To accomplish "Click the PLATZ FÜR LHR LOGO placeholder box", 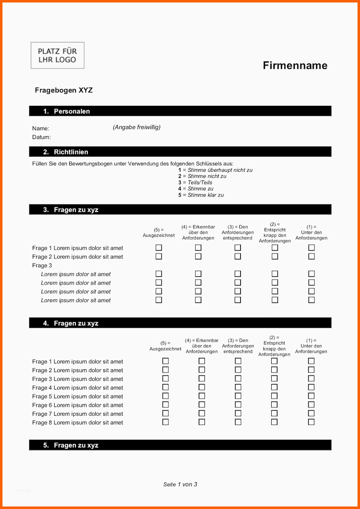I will pos(57,55).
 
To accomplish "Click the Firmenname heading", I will pos(295,66).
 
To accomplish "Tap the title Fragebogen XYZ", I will pos(63,90).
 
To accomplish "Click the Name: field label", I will pos(41,129).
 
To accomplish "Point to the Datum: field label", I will pos(41,137).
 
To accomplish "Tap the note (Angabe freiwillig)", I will pos(136,127).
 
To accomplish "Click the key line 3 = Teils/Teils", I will pos(195,183).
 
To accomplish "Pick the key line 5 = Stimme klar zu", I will pos(201,195).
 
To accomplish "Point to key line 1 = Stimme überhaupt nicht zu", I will pos(215,170).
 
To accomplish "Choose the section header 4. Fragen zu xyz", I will pos(71,323).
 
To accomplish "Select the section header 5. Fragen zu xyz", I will pos(71,445).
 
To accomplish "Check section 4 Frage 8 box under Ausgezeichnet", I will pos(165,422).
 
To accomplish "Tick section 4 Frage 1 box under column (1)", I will pos(311,361).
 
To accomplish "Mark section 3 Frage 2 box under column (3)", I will pos(238,256).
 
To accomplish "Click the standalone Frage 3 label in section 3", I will pos(42,265).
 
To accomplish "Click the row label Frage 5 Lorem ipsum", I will pos(78,396).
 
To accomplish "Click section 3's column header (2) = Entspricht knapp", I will pos(275,233).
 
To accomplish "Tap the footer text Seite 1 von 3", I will pos(180,484).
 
